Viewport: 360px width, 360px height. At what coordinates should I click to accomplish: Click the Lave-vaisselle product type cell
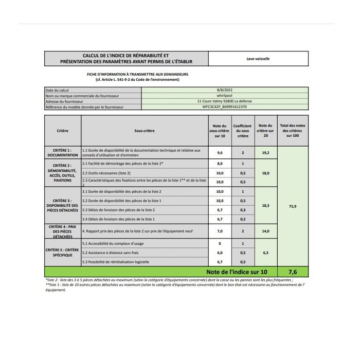tap(258, 59)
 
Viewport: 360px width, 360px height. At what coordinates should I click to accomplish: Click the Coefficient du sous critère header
tap(242, 131)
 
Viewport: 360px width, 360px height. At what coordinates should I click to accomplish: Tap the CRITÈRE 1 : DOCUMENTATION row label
tap(63, 152)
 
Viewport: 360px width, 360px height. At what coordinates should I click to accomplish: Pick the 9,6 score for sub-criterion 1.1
tap(220, 153)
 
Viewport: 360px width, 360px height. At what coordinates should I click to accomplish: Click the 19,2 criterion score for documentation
tap(265, 153)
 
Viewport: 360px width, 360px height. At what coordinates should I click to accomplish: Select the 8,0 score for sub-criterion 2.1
tap(220, 164)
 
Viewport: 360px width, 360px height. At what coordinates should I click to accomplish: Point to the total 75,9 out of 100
tap(292, 205)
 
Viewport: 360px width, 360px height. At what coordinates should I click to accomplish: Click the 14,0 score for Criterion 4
tap(265, 231)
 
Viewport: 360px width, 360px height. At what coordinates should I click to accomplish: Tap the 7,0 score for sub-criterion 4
tap(220, 231)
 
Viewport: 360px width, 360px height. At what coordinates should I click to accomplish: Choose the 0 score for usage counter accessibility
tap(220, 243)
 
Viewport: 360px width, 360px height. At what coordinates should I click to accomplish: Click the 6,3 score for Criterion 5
tap(265, 253)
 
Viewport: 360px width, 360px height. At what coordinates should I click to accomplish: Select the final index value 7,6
tap(292, 272)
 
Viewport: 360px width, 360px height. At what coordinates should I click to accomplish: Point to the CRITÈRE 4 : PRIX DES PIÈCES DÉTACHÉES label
tap(63, 231)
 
